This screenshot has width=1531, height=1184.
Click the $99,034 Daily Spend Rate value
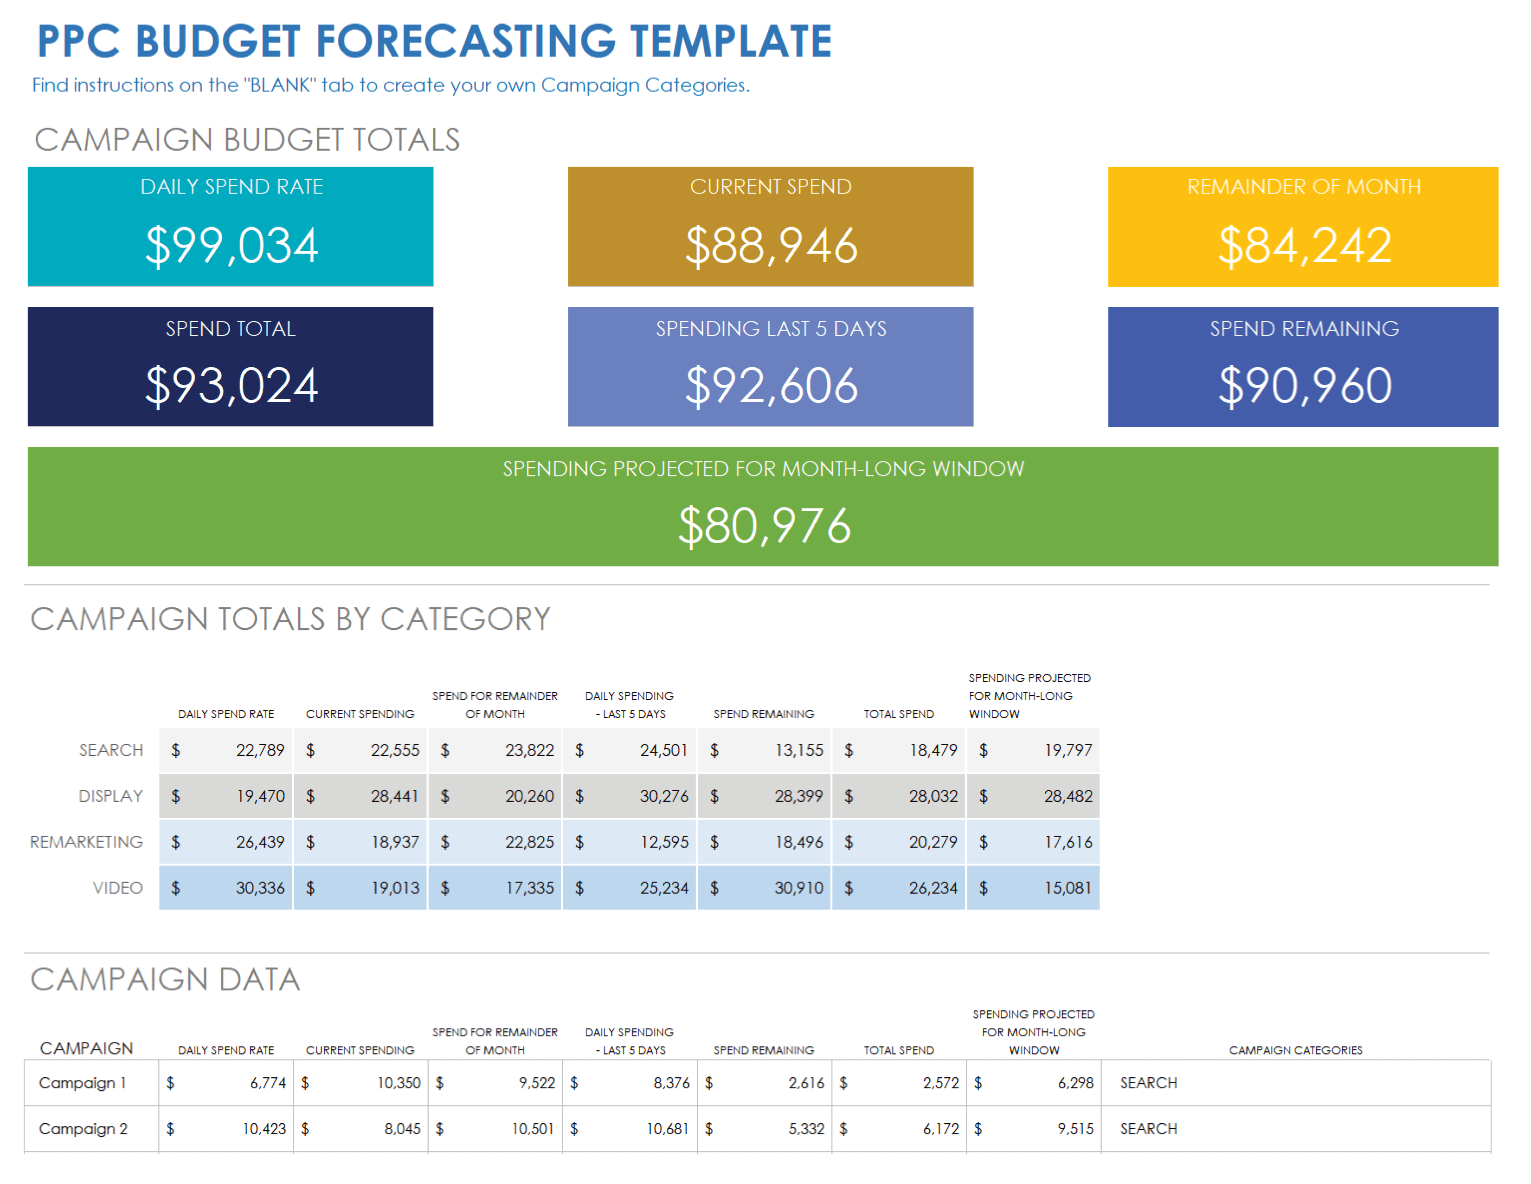pyautogui.click(x=232, y=246)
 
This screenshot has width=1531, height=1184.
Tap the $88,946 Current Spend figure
pyautogui.click(x=771, y=246)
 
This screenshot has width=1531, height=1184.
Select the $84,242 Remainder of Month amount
pyautogui.click(x=1305, y=246)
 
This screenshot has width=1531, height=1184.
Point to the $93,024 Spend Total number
pyautogui.click(x=232, y=386)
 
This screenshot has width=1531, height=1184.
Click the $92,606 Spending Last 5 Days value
pyautogui.click(x=771, y=386)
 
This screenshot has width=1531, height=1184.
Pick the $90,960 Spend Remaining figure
pyautogui.click(x=1305, y=386)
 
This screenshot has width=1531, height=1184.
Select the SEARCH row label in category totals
pyautogui.click(x=111, y=750)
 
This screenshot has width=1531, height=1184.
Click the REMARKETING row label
pyautogui.click(x=86, y=842)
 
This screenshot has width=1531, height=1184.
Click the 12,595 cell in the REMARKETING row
pyautogui.click(x=664, y=842)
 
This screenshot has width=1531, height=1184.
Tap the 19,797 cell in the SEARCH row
pyautogui.click(x=1068, y=750)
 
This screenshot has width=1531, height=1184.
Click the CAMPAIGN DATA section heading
pyautogui.click(x=166, y=979)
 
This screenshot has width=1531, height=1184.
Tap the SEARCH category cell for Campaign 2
pyautogui.click(x=1148, y=1129)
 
